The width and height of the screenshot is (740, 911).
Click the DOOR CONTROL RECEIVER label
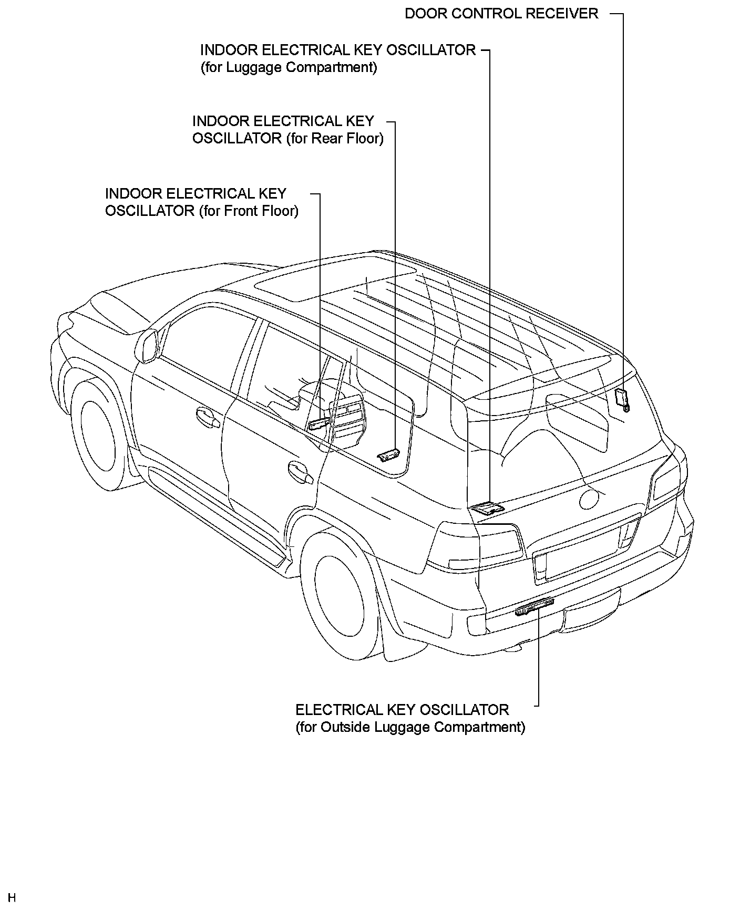[x=501, y=14]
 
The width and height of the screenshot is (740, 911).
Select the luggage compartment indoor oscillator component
[x=487, y=508]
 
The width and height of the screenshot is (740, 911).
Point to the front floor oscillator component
[x=320, y=423]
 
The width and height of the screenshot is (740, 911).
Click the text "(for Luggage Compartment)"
[x=289, y=68]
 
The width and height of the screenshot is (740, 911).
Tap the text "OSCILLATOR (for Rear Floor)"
[x=287, y=139]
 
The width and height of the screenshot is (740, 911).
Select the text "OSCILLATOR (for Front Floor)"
[x=202, y=211]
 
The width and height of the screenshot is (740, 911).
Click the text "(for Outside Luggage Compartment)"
[x=410, y=728]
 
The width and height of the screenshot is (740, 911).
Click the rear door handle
[x=300, y=472]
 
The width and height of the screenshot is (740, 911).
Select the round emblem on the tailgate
[x=590, y=496]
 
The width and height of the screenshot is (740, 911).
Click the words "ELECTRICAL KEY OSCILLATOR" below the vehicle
[x=402, y=710]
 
